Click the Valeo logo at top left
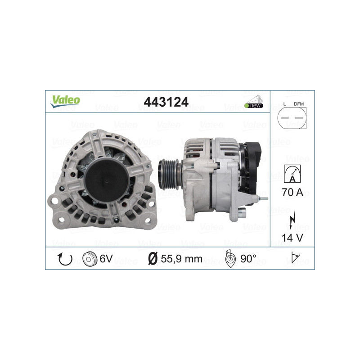coord(65,101)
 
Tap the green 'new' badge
coord(254,105)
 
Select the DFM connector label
coord(298,104)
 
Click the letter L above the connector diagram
coord(285,104)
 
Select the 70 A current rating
coord(292,193)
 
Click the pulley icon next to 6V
coord(90,259)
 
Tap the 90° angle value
coord(248,259)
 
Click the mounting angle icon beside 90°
coord(230,260)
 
